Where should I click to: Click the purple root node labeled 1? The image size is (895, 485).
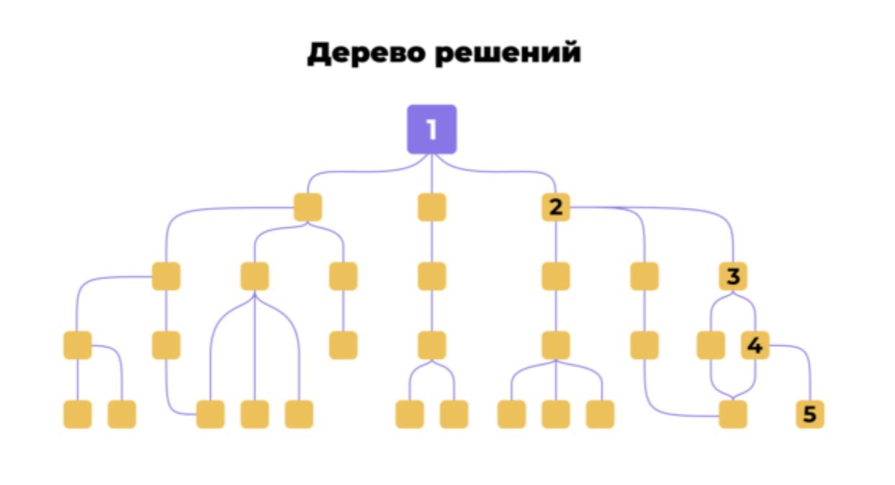click(431, 130)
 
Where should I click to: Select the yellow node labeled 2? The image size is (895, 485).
click(555, 207)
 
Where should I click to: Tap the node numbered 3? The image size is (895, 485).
click(733, 276)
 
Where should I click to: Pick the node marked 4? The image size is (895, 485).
click(755, 345)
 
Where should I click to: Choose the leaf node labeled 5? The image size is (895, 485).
click(810, 414)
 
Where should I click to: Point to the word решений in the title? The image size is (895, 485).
click(508, 53)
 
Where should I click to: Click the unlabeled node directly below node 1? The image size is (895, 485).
click(431, 207)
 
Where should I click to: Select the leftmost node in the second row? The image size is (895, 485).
click(307, 207)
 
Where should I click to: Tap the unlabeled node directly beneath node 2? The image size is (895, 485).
click(555, 276)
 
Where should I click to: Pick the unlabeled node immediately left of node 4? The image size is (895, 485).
click(711, 345)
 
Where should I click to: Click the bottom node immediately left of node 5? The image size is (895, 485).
click(733, 414)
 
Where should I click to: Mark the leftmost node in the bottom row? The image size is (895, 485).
click(77, 414)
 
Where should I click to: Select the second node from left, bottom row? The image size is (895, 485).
click(122, 414)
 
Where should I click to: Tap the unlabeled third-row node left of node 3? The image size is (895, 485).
click(644, 276)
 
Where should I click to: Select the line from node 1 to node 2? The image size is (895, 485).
click(504, 173)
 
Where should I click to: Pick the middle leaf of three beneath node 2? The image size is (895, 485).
click(555, 414)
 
